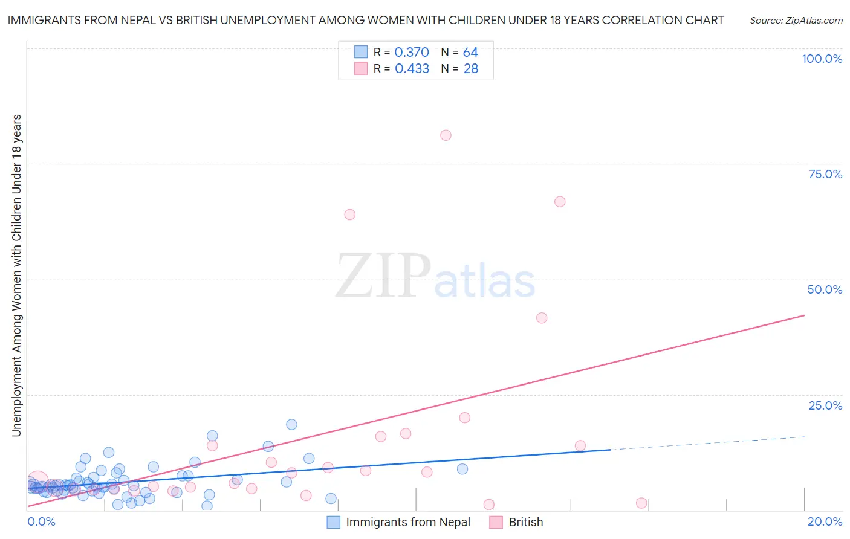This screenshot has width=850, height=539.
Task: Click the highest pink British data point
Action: tap(446, 135)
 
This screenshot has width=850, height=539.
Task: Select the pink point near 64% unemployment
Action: tap(349, 215)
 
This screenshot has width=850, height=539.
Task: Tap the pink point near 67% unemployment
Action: tap(560, 202)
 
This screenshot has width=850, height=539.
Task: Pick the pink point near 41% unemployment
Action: tap(542, 318)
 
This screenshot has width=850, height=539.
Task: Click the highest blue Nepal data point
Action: tap(291, 425)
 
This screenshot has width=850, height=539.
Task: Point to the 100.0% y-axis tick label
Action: tap(822, 59)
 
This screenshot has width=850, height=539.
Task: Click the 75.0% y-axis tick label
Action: tap(825, 174)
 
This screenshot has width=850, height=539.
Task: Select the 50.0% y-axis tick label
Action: tap(825, 289)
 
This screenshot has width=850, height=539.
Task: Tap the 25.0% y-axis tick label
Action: tap(825, 405)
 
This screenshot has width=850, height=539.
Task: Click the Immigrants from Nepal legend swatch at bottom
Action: tap(334, 523)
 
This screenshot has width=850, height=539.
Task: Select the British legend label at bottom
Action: tap(525, 523)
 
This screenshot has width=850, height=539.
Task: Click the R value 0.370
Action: tap(412, 53)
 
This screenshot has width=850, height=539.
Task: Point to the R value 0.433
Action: tap(412, 69)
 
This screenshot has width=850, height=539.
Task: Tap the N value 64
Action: tap(470, 53)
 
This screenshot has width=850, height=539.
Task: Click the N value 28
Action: tap(470, 69)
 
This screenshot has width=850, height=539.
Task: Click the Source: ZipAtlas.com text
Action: tap(796, 21)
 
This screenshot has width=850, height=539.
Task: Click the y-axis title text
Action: tap(17, 275)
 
